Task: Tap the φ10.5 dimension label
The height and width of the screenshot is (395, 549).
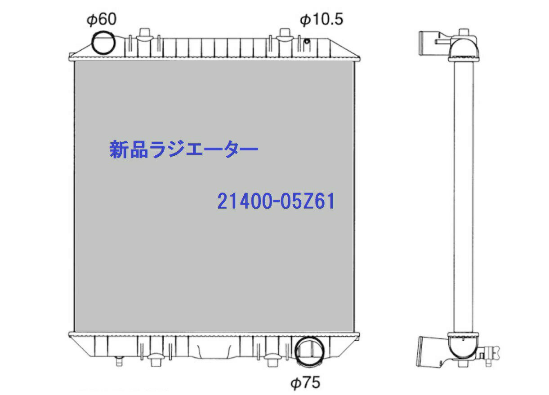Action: pos(321,19)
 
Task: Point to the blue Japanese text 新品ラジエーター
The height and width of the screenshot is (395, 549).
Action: pos(184,150)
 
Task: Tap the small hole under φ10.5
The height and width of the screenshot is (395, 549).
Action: pos(306,42)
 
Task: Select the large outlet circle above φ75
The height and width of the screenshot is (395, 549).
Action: pos(308,351)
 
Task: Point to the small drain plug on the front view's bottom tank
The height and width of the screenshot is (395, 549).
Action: pos(119,359)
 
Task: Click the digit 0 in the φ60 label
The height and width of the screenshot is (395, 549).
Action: pos(110,19)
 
